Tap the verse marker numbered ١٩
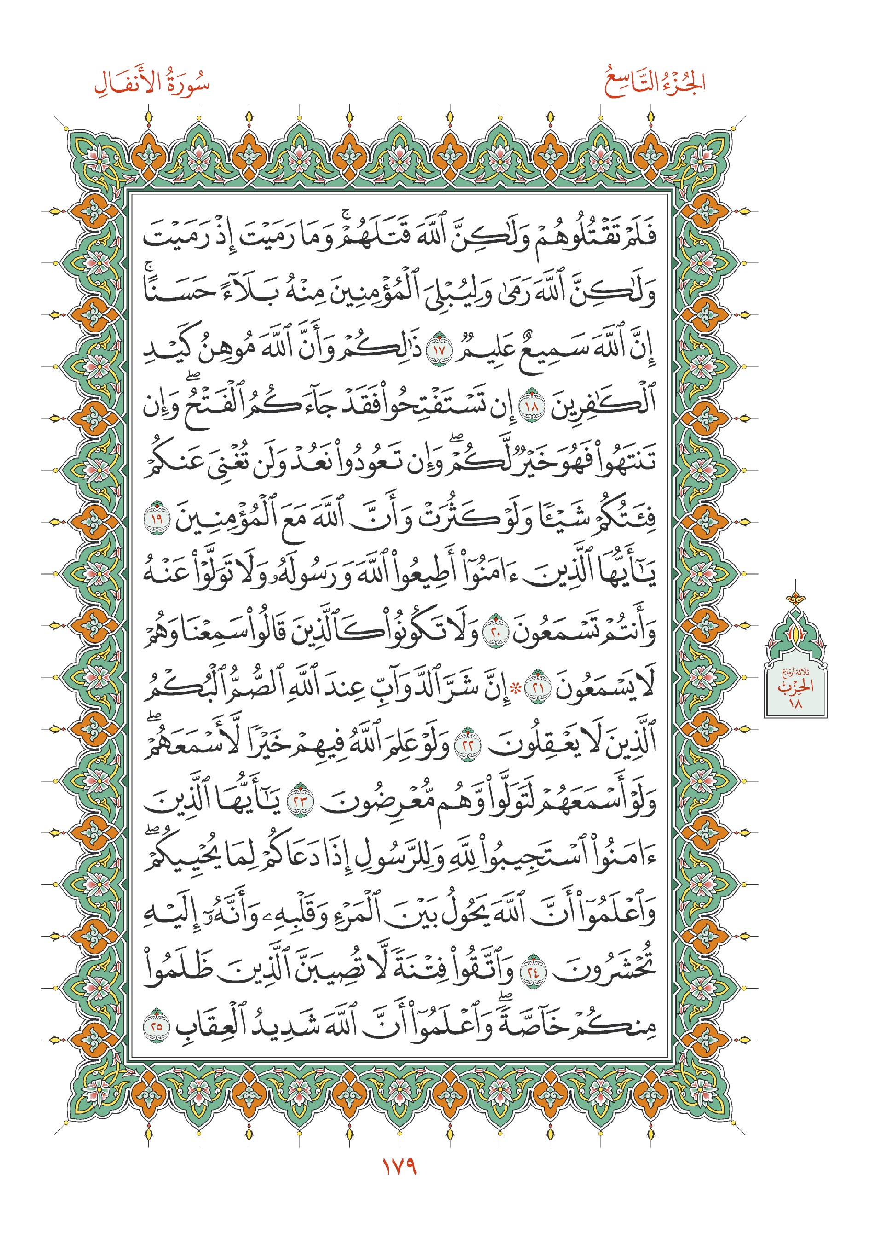(157, 518)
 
